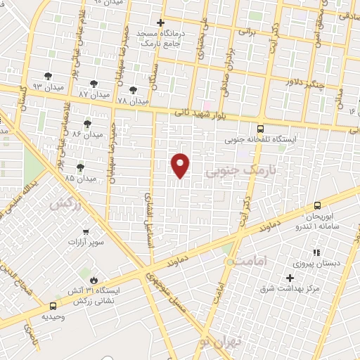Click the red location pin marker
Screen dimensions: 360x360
(x=181, y=165)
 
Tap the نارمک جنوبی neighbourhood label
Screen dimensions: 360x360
(x=236, y=170)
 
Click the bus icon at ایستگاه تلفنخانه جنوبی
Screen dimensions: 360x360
(x=261, y=129)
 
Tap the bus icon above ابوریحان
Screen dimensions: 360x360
(x=317, y=205)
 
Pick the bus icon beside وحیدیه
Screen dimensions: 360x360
(x=53, y=307)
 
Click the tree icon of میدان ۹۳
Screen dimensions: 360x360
(x=48, y=75)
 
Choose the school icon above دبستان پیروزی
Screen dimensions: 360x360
(x=316, y=252)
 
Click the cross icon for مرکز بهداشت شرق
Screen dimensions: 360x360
(x=290, y=278)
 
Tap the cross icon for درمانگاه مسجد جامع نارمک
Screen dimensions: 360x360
(x=161, y=22)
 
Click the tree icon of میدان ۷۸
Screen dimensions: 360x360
(x=133, y=90)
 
